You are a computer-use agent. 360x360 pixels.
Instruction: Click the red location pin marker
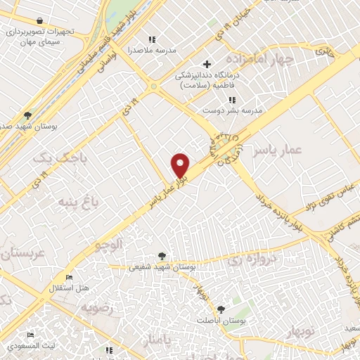pos(181,165)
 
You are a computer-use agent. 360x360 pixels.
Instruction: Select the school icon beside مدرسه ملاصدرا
pos(150,39)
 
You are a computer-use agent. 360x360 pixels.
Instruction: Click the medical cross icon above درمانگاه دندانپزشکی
pos(206,65)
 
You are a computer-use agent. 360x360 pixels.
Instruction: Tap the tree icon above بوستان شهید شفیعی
pos(163,256)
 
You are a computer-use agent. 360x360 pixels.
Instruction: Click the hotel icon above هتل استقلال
pos(68,277)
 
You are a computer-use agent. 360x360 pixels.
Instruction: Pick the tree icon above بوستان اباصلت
pos(221,309)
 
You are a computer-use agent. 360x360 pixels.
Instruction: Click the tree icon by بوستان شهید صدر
pos(27,115)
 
